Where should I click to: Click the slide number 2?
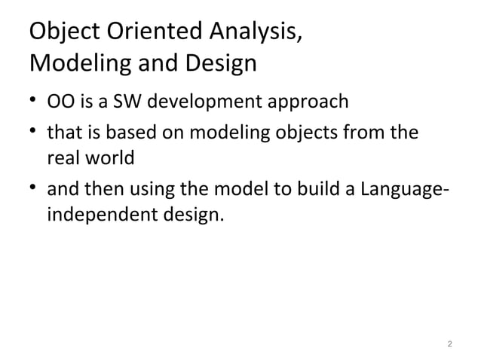tap(449, 344)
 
